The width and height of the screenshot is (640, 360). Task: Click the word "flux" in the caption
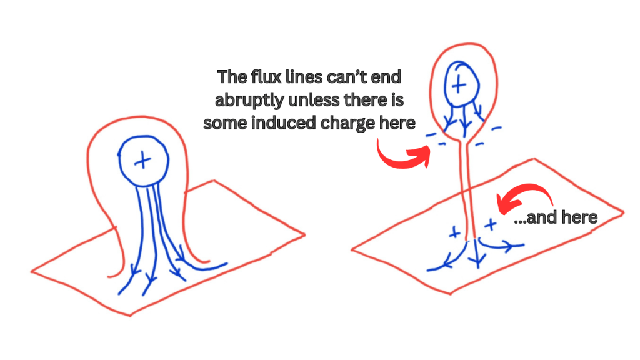pyautogui.click(x=263, y=77)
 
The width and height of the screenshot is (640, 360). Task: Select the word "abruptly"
pyautogui.click(x=249, y=100)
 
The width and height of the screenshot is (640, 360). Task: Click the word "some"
pyautogui.click(x=225, y=123)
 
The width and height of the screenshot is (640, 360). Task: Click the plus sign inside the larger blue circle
pyautogui.click(x=142, y=161)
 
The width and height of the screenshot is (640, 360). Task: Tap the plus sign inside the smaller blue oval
pyautogui.click(x=459, y=85)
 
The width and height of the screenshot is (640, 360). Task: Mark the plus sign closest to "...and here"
pyautogui.click(x=491, y=224)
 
